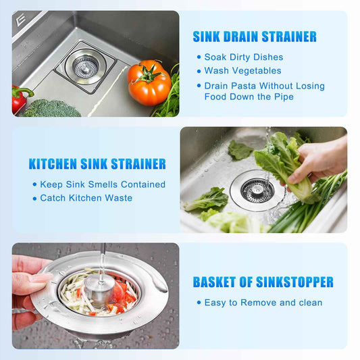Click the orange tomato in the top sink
(149, 83)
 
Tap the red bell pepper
(20, 99)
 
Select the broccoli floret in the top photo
(53, 108)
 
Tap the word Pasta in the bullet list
(243, 86)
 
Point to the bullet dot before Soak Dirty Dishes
(199, 57)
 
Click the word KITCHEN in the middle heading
(53, 164)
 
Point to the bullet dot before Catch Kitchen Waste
(34, 199)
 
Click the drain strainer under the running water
(257, 190)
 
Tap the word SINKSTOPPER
(294, 282)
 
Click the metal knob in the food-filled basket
(99, 288)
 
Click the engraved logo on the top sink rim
(21, 20)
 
